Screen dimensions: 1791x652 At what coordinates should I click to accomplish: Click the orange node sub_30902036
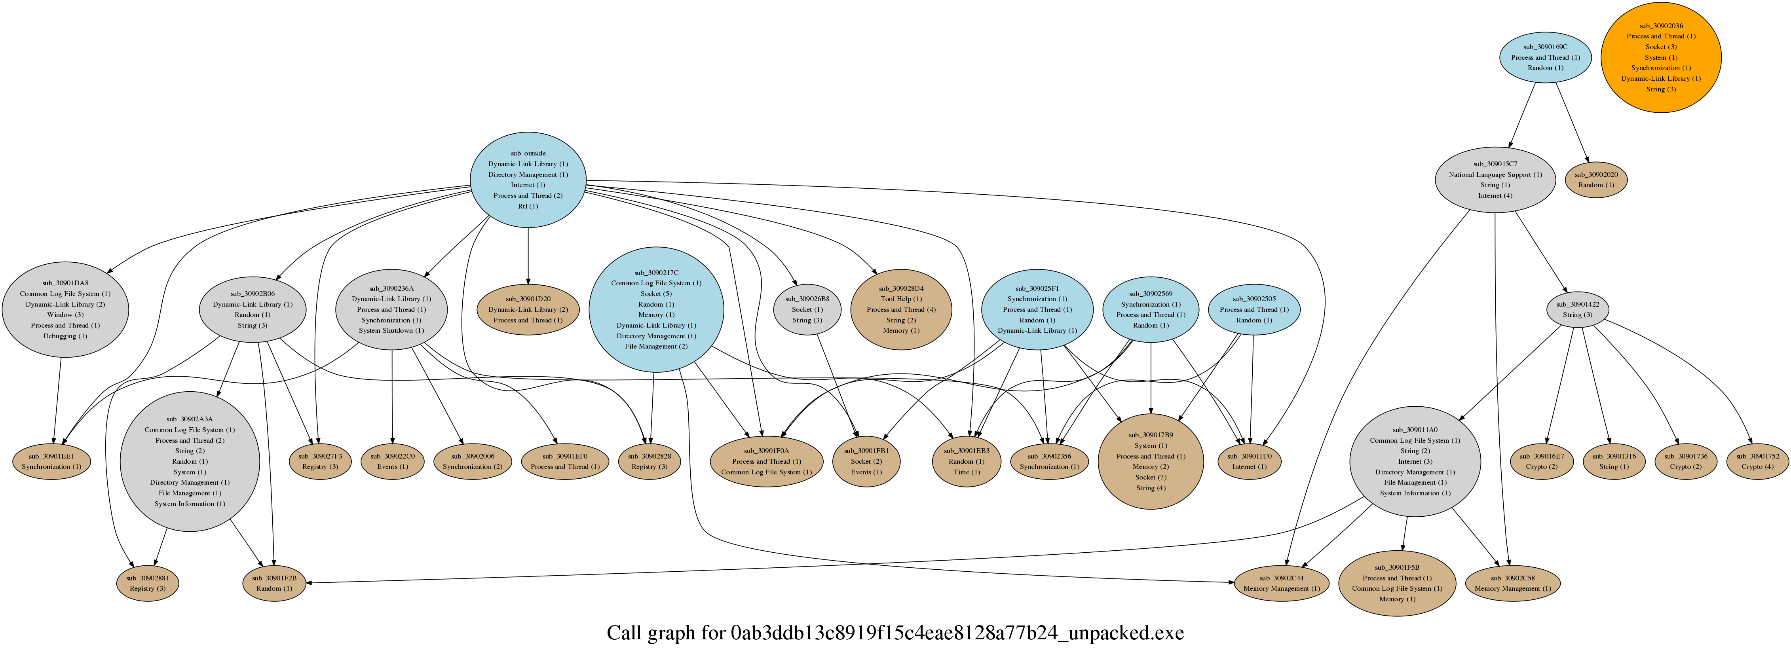1661,57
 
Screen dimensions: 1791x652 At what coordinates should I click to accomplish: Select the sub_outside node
528,180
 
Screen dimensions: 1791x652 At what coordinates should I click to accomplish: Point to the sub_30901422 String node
1578,309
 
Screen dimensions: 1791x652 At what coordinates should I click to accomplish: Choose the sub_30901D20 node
528,309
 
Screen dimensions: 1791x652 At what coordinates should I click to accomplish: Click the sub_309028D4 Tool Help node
901,309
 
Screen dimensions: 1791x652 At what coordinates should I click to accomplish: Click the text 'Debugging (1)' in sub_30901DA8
65,336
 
